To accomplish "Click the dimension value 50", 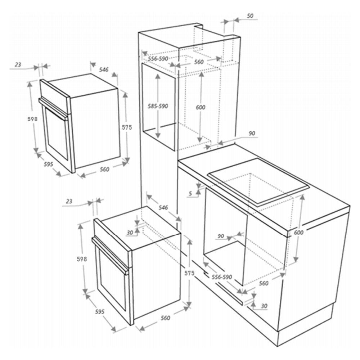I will [x=251, y=16].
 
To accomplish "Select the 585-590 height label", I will [x=158, y=106].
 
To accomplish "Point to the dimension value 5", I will [x=190, y=193].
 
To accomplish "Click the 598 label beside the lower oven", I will [x=83, y=259].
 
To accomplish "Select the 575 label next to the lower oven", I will [x=190, y=273].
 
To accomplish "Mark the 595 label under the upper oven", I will [x=49, y=164].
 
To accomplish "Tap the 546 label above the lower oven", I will [x=163, y=207].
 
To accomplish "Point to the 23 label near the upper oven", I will [x=18, y=65].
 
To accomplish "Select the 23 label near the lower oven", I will [x=69, y=202].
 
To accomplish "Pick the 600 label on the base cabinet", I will [x=298, y=232].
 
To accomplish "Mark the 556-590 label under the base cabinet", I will [x=222, y=277].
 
